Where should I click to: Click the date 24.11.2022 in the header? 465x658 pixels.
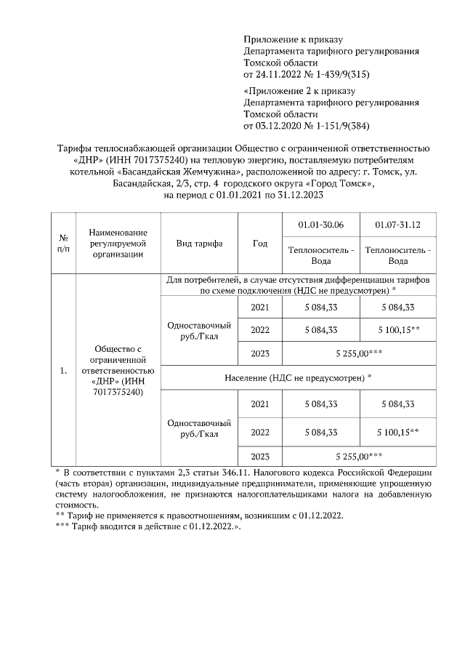point(280,75)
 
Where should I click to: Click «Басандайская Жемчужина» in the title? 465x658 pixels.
point(179,172)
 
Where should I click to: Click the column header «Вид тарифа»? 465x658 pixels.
point(199,244)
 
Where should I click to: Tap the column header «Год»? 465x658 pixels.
point(260,244)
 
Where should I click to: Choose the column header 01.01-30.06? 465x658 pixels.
point(320,225)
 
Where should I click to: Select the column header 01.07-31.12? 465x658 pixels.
point(397,225)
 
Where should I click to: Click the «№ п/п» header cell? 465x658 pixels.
point(63,244)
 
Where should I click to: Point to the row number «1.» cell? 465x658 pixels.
point(63,371)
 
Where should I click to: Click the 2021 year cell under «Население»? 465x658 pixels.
point(260,404)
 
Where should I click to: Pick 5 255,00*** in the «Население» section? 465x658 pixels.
point(359,457)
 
